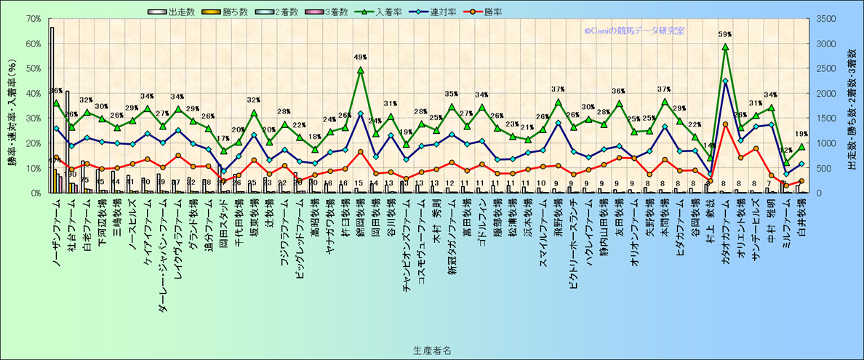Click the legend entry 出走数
[173, 12]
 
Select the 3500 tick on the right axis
[828, 19]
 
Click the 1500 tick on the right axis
[828, 118]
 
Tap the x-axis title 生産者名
[431, 350]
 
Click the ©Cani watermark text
[633, 31]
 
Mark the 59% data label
[725, 34]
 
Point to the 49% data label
[361, 57]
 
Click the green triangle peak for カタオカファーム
[725, 47]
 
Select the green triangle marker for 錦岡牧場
[361, 71]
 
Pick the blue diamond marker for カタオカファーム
[725, 81]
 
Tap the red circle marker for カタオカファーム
[725, 124]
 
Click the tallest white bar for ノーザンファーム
[52, 109]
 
